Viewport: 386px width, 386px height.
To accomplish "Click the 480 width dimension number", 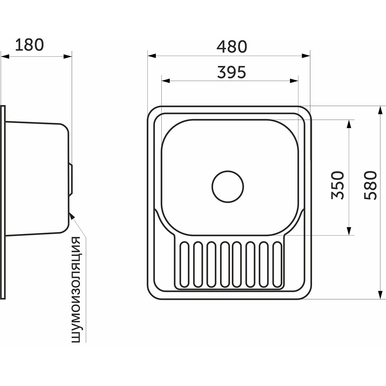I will click(x=232, y=47).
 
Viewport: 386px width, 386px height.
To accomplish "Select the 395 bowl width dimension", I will click(x=231, y=72).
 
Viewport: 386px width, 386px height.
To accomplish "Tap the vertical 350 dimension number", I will click(x=338, y=185).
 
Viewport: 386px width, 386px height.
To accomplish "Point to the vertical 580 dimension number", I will click(x=370, y=185).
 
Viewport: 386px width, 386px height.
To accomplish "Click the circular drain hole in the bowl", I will click(x=228, y=187).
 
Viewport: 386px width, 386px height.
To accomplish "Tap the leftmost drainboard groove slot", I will click(x=184, y=264).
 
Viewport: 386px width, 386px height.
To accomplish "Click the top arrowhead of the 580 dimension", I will click(x=380, y=110).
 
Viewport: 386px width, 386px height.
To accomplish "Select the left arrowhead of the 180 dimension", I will click(x=5, y=57).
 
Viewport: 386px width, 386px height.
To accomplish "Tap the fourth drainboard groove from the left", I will click(x=225, y=264).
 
